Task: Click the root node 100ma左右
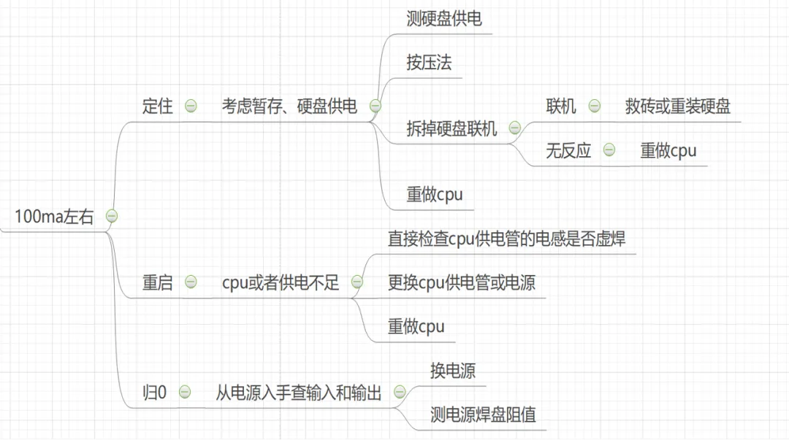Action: coord(54,217)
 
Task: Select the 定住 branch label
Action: coord(157,107)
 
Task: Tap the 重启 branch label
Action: coord(157,282)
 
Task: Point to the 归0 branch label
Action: coord(154,393)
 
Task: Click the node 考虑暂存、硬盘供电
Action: coord(289,107)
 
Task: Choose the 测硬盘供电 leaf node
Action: coord(443,20)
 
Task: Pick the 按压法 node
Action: coord(429,63)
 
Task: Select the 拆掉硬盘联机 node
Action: coord(451,129)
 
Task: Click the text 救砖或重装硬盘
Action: coord(677,107)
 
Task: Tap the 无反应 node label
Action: coord(568,151)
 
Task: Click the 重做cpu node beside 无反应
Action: coord(668,151)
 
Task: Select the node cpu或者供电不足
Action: coord(281,282)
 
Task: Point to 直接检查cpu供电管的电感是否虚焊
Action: coord(506,239)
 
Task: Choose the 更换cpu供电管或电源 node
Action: coord(461,282)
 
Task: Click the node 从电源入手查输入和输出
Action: coord(298,393)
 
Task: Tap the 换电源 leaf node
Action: coord(452,371)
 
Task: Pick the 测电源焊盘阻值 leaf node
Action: coord(483,414)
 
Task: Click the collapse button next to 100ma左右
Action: coord(112,216)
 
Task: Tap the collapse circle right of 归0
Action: coord(185,393)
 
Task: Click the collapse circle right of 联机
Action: coord(594,107)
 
